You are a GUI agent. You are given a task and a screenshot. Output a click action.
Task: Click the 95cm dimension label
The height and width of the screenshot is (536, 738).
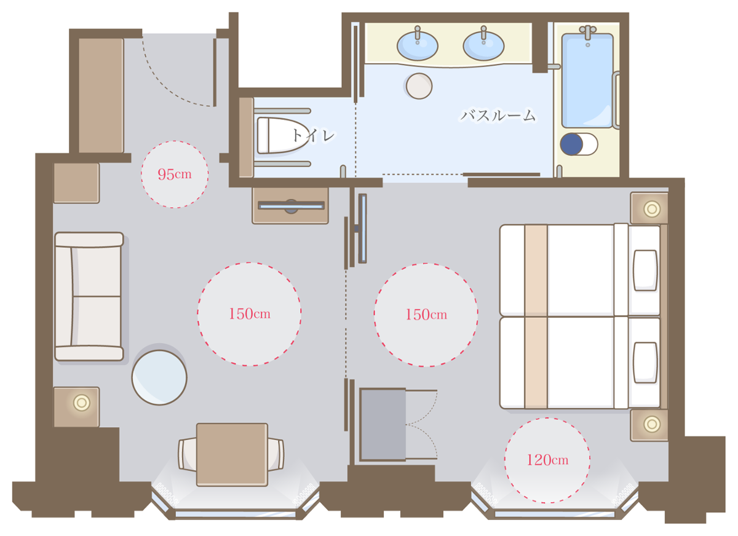(x=175, y=174)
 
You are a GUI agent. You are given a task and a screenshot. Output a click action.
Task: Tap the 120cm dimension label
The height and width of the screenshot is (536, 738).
(x=547, y=460)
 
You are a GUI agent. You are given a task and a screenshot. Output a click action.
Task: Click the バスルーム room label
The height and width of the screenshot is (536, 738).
(x=498, y=116)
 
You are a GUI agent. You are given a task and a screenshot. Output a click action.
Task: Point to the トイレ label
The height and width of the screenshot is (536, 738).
(x=314, y=135)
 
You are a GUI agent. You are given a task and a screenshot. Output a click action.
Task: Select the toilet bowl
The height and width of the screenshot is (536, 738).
(x=283, y=135)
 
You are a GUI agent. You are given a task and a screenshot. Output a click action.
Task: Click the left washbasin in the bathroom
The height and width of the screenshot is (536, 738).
(x=418, y=45)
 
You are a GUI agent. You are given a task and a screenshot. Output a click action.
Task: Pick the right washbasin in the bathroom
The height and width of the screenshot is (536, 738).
(x=483, y=45)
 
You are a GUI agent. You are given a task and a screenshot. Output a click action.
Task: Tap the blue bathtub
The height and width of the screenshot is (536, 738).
(x=587, y=81)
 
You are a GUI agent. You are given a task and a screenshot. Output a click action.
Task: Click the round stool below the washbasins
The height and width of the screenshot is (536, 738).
(x=419, y=86)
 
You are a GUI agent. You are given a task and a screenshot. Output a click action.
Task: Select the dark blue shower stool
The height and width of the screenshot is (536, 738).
(x=571, y=144)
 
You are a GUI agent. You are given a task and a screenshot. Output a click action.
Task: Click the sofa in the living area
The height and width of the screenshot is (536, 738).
(x=89, y=296)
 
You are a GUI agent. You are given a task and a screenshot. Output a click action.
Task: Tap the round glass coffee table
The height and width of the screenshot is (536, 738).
(x=159, y=377)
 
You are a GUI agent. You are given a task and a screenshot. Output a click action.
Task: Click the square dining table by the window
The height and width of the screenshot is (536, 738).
(x=232, y=455)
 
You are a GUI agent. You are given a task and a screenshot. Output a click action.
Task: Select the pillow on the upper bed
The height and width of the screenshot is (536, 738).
(x=645, y=270)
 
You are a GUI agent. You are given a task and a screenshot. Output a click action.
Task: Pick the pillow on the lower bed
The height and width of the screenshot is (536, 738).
(x=645, y=363)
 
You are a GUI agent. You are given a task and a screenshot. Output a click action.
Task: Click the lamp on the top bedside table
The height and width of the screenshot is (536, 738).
(x=652, y=209)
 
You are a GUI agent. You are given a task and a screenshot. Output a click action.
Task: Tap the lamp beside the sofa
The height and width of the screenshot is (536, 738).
(x=82, y=403)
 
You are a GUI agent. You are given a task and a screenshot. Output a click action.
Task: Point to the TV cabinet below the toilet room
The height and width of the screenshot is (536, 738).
(x=290, y=206)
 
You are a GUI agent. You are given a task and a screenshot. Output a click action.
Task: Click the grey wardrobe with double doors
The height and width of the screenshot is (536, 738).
(x=383, y=425)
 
